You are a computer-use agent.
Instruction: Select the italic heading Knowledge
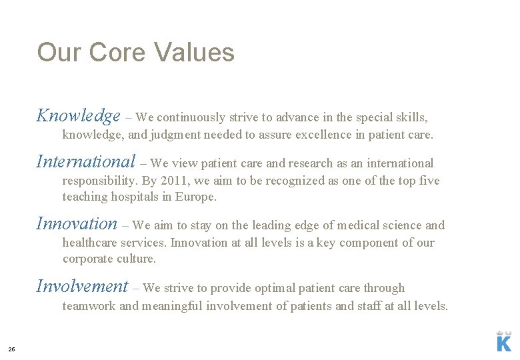click(x=78, y=116)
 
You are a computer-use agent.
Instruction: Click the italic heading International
click(x=86, y=162)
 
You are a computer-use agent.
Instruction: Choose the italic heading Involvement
click(x=82, y=287)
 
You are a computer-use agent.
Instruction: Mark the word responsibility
click(x=99, y=181)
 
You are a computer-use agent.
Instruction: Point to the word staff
click(x=365, y=306)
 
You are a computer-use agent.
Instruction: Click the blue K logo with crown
click(x=504, y=340)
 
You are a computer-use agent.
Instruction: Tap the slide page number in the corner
click(x=11, y=349)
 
